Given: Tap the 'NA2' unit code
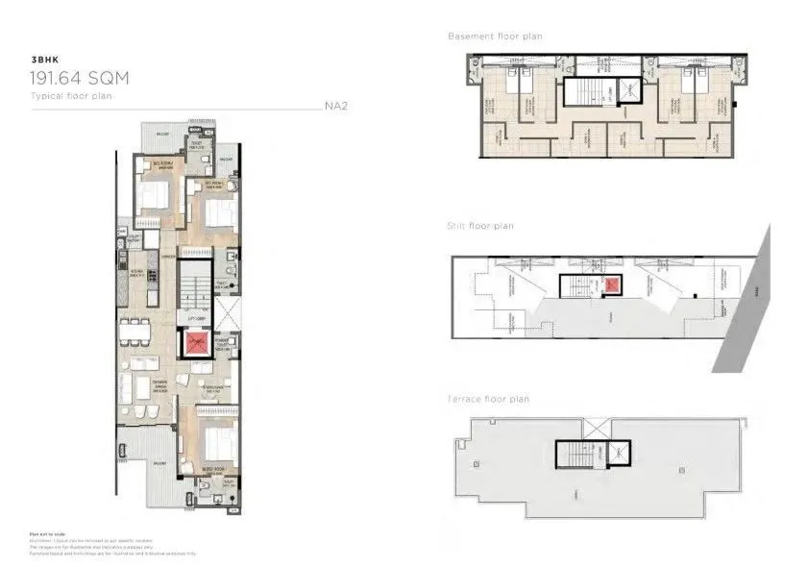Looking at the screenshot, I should click(335, 106).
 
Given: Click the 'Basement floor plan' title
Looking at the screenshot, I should click(495, 37).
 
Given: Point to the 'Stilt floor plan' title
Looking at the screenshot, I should click(480, 226).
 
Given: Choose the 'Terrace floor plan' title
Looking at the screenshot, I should click(488, 398).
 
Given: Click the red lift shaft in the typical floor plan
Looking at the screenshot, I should click(196, 342).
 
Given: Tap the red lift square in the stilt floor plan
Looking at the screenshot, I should click(612, 285).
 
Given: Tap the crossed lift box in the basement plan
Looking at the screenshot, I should click(625, 89).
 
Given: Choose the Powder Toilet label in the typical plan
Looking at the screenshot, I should click(221, 343).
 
